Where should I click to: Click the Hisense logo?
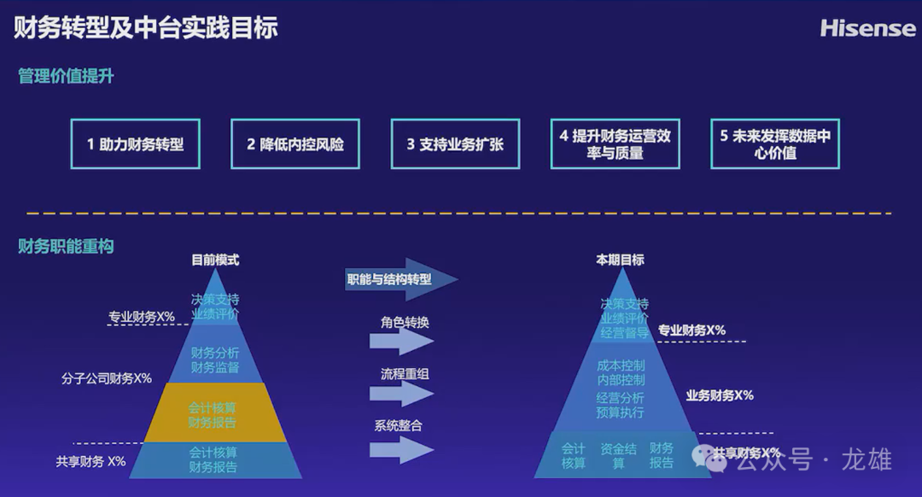[867, 28]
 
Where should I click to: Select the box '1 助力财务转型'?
[135, 144]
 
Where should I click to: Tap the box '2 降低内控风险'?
[295, 144]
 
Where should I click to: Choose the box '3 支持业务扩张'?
[455, 144]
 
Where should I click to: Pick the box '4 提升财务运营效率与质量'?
[615, 144]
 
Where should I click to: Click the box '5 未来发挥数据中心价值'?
[774, 144]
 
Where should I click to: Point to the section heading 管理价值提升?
[66, 77]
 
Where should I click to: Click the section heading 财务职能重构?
[66, 247]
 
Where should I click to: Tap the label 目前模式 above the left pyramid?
[215, 260]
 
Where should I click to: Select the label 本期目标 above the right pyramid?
[620, 260]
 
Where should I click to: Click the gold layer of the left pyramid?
[213, 412]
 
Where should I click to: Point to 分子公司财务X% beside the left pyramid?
[107, 378]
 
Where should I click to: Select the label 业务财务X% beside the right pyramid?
[720, 395]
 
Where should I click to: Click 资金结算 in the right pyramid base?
[618, 456]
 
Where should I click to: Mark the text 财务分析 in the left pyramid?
[215, 353]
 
